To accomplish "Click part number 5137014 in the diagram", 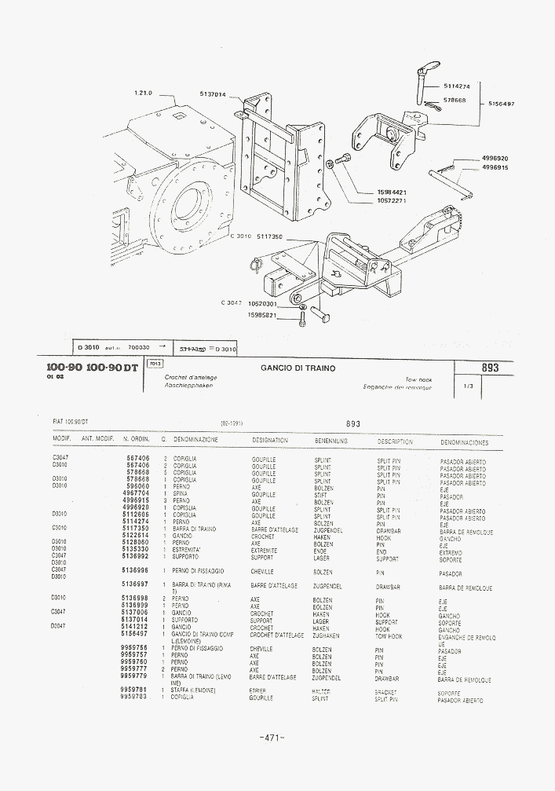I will pos(213,94).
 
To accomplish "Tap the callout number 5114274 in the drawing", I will pos(456,86).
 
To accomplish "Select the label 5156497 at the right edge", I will pos(500,104).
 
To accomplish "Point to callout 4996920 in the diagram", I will pos(495,158).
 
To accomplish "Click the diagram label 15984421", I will pos(392,192).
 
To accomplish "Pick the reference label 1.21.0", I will pos(143,93).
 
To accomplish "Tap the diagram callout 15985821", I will pos(264,315).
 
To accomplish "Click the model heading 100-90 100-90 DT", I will pos(92,368).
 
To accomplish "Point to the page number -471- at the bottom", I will pos(269,737).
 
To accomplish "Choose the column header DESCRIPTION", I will pos(395,441).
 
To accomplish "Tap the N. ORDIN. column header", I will pos(136,441).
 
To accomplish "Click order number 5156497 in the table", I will pos(135,634).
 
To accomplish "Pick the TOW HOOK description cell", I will pos(389,636).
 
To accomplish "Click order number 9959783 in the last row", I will pos(135,698).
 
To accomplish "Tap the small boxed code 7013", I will pos(155,363).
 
